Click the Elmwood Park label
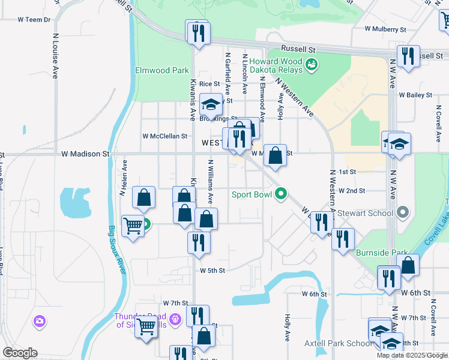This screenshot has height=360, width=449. (x=162, y=70)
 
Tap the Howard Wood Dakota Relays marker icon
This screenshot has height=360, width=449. (x=312, y=64)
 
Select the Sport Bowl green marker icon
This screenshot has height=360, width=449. (x=280, y=194)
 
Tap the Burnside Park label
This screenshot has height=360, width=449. (x=382, y=253)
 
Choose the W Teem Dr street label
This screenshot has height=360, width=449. (x=34, y=20)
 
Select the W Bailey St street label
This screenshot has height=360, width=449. (x=414, y=95)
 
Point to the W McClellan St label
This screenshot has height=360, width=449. (x=165, y=136)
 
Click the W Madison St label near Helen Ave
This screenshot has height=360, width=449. (x=85, y=154)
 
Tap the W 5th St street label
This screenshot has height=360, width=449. (x=212, y=271)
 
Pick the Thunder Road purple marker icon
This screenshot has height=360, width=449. (x=175, y=318)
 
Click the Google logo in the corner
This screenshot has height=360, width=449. (x=20, y=352)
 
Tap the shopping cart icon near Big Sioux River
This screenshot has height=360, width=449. (x=133, y=226)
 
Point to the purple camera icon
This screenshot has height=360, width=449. (x=40, y=321)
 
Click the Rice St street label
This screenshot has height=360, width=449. (x=209, y=84)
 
